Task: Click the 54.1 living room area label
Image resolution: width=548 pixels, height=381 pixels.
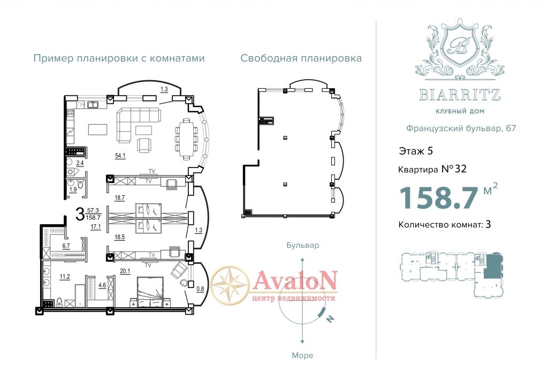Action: (120, 156)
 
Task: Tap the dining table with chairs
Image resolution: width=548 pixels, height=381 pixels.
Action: (186, 139)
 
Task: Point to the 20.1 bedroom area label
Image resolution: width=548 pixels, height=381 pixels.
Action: (125, 271)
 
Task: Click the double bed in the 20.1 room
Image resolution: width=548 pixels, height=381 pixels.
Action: (150, 292)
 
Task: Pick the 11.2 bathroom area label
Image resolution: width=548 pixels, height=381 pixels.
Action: (65, 277)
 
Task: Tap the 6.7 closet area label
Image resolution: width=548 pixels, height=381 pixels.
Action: (66, 246)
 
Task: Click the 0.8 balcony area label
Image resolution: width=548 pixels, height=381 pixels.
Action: (200, 289)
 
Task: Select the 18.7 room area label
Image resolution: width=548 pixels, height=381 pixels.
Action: (119, 198)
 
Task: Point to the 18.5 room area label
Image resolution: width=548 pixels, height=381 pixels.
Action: (119, 237)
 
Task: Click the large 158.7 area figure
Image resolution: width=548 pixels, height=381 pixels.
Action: (438, 198)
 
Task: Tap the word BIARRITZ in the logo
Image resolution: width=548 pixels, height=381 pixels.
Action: (460, 95)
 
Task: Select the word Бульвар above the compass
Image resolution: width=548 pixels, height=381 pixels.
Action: (303, 245)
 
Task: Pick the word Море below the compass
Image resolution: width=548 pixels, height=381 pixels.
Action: (303, 355)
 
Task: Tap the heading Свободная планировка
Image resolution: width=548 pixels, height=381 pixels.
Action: (301, 58)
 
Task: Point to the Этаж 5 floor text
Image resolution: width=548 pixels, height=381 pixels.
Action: (416, 151)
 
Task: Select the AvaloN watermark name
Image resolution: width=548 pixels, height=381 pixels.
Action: (295, 280)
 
